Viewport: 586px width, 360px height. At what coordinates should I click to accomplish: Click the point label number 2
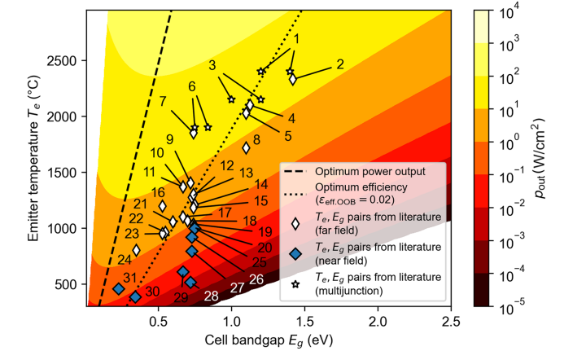click(340, 64)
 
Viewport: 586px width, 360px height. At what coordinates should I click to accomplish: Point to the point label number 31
click(130, 278)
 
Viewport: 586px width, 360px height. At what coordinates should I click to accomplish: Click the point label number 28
click(211, 295)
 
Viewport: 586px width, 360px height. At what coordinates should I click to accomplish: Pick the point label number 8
click(256, 139)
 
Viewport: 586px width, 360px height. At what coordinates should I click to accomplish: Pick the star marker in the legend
click(295, 282)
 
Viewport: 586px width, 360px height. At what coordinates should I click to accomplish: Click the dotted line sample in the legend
click(295, 192)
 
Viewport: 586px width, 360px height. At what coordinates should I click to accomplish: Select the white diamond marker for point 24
click(137, 250)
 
